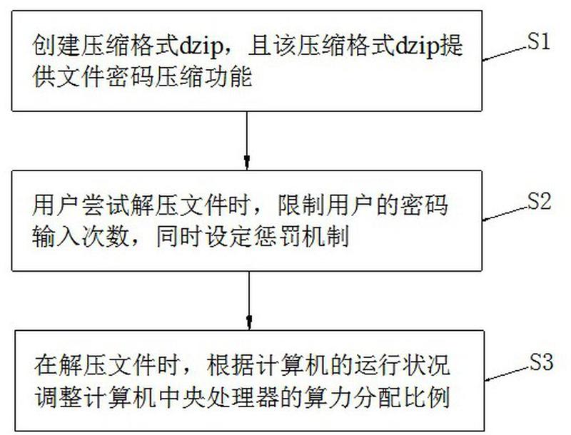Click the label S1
click(x=539, y=42)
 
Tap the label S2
click(x=540, y=201)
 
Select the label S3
click(x=541, y=362)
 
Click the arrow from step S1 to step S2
click(x=247, y=140)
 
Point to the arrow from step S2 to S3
click(x=249, y=300)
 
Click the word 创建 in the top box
click(x=56, y=46)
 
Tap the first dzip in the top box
click(x=201, y=46)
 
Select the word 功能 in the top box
click(x=228, y=77)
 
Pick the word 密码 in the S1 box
click(x=131, y=77)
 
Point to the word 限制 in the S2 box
click(x=302, y=205)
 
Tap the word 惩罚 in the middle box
click(x=278, y=237)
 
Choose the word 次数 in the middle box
click(x=106, y=237)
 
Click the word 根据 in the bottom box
click(x=231, y=366)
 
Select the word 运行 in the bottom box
click(x=378, y=366)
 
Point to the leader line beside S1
click(x=505, y=53)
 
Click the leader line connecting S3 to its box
click(x=507, y=374)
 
